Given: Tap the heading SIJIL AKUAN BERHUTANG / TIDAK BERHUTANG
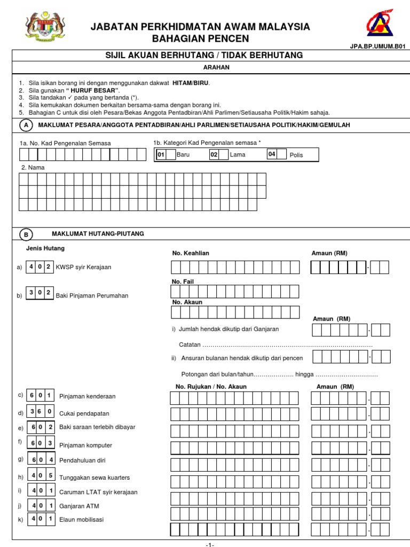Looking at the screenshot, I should (x=205, y=56).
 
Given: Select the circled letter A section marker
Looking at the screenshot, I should (x=25, y=125).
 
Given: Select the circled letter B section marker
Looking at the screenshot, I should (x=25, y=235).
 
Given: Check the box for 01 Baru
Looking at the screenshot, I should (x=170, y=154).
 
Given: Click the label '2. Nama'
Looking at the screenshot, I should (x=33, y=167).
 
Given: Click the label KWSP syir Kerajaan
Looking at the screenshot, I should (x=84, y=267).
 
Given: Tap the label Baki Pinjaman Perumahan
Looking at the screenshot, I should (x=92, y=295).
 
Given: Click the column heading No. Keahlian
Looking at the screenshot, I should (x=191, y=253).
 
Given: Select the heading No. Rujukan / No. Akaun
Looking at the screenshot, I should (x=211, y=386).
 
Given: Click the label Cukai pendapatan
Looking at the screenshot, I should (x=81, y=413).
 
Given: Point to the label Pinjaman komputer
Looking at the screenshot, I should (x=85, y=445).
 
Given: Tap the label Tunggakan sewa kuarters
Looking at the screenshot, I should (x=94, y=478).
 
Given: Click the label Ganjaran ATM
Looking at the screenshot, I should (x=79, y=506).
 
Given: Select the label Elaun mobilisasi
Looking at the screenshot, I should (x=82, y=519).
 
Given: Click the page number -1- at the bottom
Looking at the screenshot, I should (x=210, y=544).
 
